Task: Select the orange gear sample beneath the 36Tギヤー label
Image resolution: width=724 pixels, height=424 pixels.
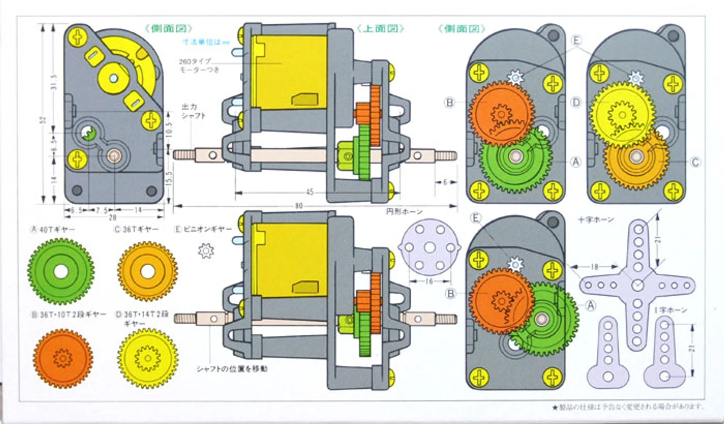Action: point(148,271)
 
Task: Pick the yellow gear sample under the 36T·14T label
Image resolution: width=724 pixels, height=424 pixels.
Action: point(148,358)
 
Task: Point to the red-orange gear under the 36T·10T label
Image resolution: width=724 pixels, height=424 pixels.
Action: point(62,358)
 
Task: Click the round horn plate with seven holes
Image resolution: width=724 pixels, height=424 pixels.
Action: point(430,247)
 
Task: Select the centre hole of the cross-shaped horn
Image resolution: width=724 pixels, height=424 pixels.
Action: point(637,284)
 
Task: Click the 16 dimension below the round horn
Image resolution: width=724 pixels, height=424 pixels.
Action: point(430,281)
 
